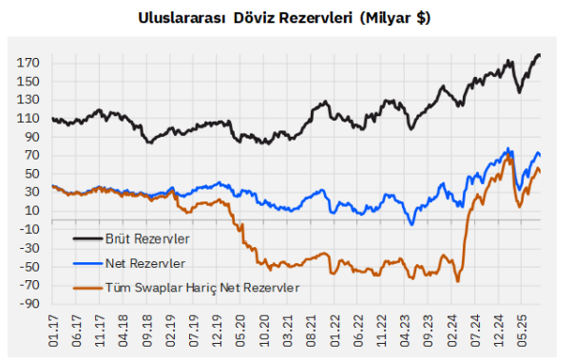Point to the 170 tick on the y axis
coord(28,63)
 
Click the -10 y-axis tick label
coord(28,229)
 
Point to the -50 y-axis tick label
coord(28,267)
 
